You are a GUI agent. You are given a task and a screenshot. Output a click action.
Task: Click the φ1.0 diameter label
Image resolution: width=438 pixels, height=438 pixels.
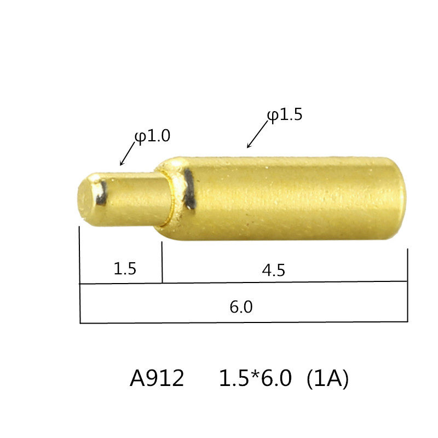click(x=153, y=136)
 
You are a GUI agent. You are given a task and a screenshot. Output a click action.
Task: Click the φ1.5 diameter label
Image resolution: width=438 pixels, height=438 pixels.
click(x=285, y=116)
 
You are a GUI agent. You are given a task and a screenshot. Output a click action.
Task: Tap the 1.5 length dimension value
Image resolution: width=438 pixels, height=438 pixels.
click(x=124, y=269)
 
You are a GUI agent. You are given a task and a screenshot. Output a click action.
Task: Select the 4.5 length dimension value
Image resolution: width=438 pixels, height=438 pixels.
click(x=274, y=270)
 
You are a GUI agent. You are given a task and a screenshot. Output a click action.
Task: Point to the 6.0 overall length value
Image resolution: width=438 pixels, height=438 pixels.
click(x=241, y=307)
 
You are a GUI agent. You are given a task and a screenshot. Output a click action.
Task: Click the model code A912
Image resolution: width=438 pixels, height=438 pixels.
click(x=157, y=379)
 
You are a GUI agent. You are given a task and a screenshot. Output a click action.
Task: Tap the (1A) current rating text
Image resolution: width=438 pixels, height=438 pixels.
click(x=327, y=379)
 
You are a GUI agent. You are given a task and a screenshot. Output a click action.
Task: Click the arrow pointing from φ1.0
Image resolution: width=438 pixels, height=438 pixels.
click(x=127, y=155)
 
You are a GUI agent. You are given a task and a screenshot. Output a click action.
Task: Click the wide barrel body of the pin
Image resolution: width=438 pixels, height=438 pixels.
click(x=290, y=198)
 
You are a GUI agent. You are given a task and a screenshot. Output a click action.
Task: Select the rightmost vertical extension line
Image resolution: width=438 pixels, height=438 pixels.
click(x=408, y=285)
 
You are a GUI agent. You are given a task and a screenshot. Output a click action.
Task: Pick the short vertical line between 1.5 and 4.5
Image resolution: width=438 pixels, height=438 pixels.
click(x=162, y=263)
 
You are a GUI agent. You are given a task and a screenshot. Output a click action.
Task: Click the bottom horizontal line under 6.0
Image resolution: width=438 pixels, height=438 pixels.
click(x=244, y=322)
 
